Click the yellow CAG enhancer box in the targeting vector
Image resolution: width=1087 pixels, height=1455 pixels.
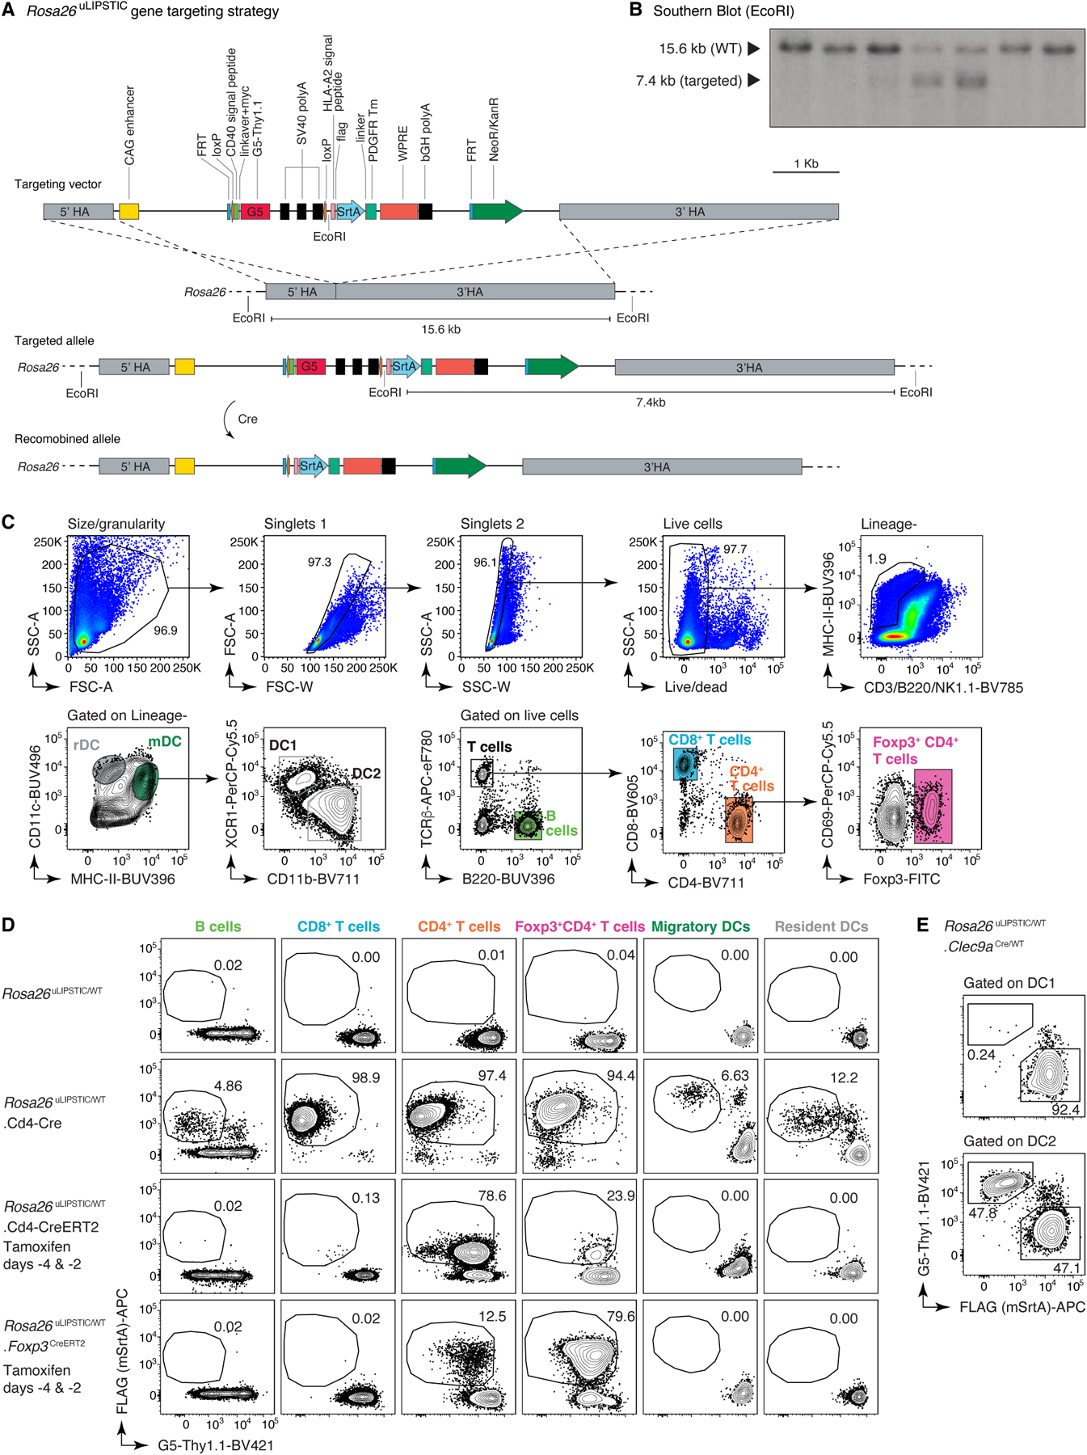tap(129, 212)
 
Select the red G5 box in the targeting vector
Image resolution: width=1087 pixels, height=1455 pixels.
tap(255, 212)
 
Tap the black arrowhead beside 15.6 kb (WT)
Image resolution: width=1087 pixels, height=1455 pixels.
tap(753, 48)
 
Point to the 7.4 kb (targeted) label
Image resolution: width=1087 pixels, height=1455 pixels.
tap(689, 81)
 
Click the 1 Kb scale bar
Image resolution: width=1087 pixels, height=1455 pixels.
tap(806, 171)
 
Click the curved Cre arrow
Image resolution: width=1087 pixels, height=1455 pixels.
tap(229, 420)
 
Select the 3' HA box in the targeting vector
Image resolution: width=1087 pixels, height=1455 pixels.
tap(698, 212)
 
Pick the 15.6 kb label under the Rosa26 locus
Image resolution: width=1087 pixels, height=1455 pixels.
tap(440, 330)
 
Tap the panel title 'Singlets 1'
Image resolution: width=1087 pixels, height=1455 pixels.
tap(295, 524)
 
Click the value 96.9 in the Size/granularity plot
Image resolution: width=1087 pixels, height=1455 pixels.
tap(166, 630)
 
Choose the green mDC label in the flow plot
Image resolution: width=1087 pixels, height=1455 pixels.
tap(164, 741)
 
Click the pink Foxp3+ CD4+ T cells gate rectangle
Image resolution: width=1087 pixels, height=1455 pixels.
tap(933, 806)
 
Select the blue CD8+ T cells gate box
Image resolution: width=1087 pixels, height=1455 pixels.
tap(685, 763)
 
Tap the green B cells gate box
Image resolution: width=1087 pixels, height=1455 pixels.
tap(528, 825)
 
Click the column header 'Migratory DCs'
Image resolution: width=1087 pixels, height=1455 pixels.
tap(700, 926)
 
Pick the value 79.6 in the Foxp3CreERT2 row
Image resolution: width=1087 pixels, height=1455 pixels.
tap(620, 1317)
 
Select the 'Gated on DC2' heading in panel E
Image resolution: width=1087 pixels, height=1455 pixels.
tap(1009, 1141)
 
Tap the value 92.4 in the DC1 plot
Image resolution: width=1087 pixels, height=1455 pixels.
tap(1064, 1110)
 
